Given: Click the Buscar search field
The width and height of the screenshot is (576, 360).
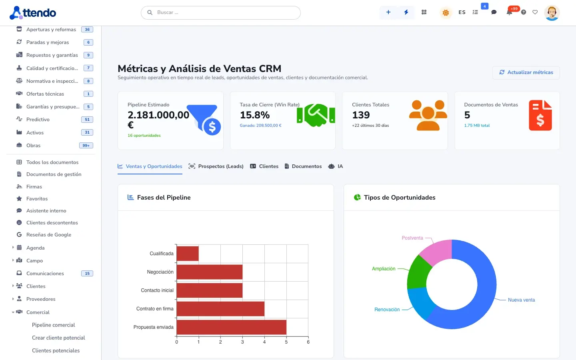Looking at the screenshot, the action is pyautogui.click(x=221, y=13).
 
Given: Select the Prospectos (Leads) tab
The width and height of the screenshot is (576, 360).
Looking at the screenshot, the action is pyautogui.click(x=216, y=166).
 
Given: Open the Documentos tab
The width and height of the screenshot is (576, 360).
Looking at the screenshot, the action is pyautogui.click(x=303, y=166).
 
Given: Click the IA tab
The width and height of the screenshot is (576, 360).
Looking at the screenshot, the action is pyautogui.click(x=336, y=166).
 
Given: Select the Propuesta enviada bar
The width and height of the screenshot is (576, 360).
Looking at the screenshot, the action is pyautogui.click(x=232, y=327).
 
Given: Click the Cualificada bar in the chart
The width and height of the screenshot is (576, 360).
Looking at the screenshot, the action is pyautogui.click(x=188, y=254).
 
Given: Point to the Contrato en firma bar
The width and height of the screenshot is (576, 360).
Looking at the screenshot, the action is pyautogui.click(x=220, y=309).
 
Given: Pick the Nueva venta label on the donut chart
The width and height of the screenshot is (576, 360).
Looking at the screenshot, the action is pyautogui.click(x=521, y=300).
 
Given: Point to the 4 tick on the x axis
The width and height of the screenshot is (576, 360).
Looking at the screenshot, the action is pyautogui.click(x=264, y=342).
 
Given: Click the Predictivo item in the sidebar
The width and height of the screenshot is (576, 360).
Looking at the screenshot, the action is pyautogui.click(x=38, y=120).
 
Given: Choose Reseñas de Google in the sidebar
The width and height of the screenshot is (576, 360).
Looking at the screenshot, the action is pyautogui.click(x=49, y=235).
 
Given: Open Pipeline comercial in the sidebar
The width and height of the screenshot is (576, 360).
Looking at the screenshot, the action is pyautogui.click(x=54, y=325).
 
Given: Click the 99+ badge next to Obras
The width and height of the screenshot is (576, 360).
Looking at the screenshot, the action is pyautogui.click(x=86, y=146).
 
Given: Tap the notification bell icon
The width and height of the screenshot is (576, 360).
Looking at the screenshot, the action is pyautogui.click(x=509, y=12).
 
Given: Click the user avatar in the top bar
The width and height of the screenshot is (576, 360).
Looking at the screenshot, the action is pyautogui.click(x=552, y=13).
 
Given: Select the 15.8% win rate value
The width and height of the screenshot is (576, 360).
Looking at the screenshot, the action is pyautogui.click(x=255, y=115).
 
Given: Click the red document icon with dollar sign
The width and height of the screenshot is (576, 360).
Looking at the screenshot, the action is pyautogui.click(x=540, y=115).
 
